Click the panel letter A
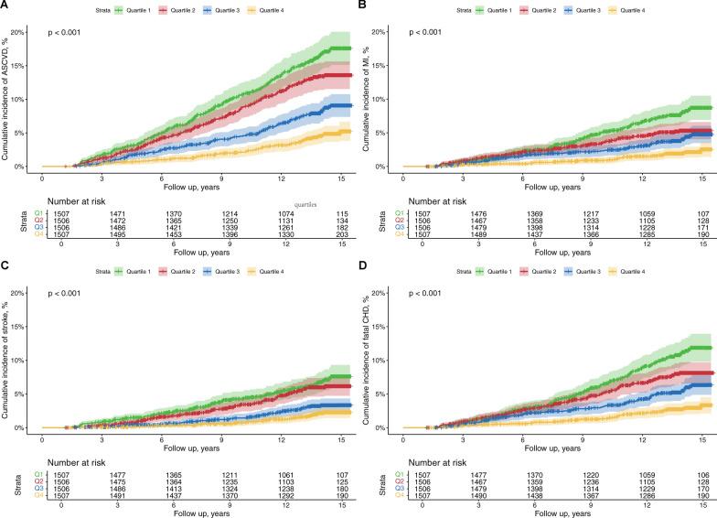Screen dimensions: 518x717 (5, 7)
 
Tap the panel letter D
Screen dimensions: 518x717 (366, 267)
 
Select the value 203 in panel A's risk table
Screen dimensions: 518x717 (340, 233)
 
